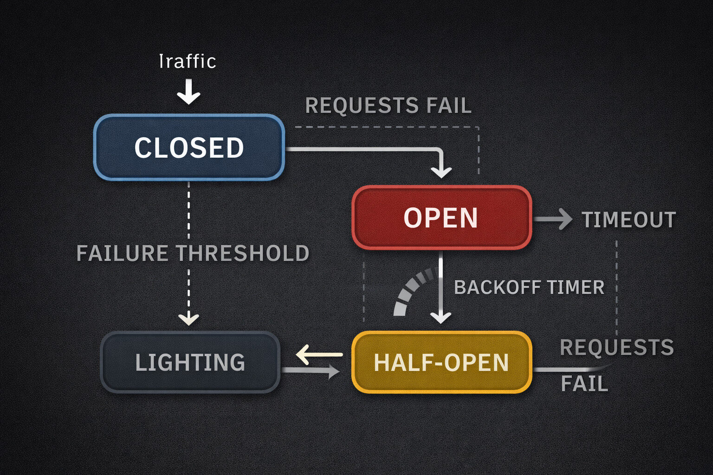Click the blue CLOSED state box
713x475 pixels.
[x=189, y=147]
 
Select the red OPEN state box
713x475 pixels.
[x=441, y=218]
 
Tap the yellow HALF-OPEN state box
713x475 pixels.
[x=441, y=362]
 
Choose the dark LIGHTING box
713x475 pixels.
[x=190, y=362]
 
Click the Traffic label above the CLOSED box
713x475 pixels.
[x=188, y=61]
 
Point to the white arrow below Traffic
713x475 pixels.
[x=188, y=92]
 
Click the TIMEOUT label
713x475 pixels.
[x=629, y=219]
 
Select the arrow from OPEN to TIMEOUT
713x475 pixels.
[x=553, y=219]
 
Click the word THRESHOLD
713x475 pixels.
[x=242, y=253]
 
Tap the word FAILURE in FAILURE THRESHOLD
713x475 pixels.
[x=122, y=253]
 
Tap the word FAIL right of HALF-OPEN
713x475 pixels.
[x=584, y=384]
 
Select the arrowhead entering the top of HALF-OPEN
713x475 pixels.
[x=441, y=317]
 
